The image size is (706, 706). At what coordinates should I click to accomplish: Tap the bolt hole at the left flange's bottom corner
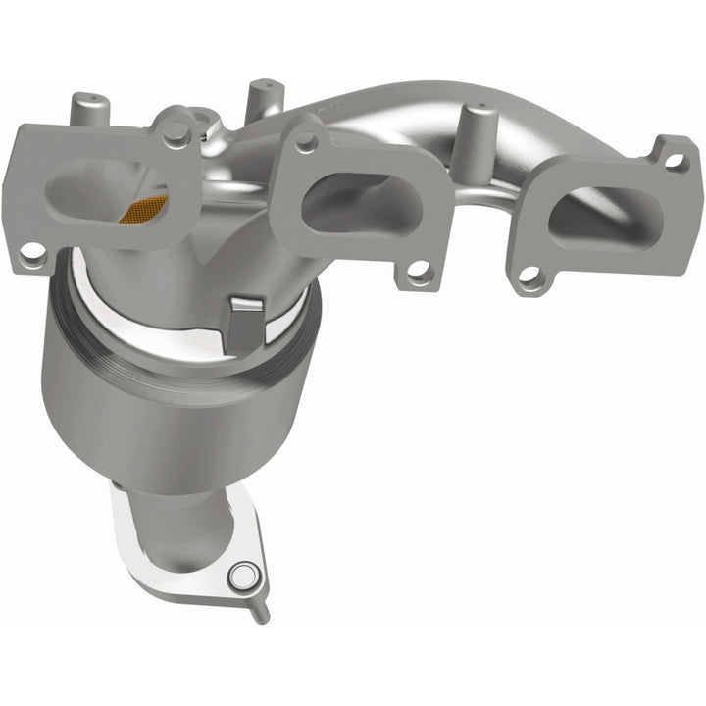pos(35,252)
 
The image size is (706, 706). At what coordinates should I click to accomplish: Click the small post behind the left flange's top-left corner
pos(85,104)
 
